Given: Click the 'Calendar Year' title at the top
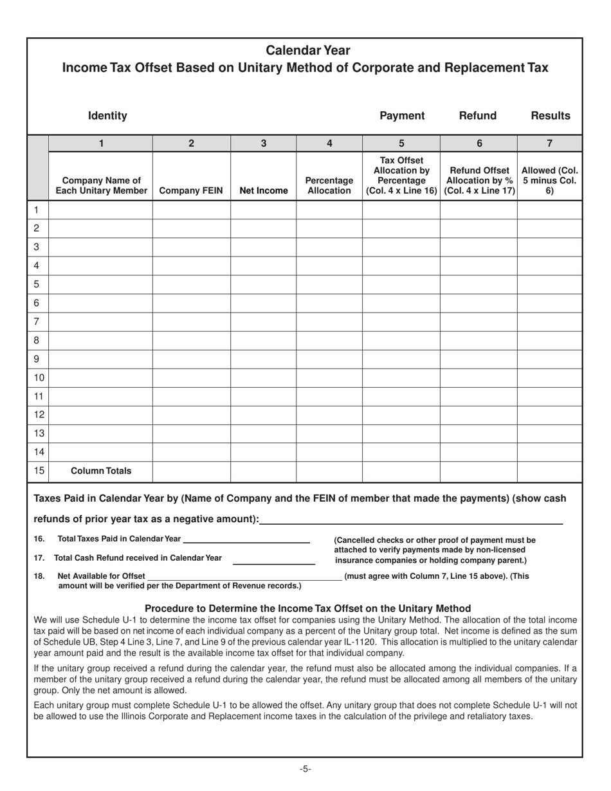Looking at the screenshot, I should click(308, 50).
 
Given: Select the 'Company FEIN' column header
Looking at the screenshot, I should click(191, 190).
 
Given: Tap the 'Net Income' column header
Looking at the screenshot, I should click(263, 190).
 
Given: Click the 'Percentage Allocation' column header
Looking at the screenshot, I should click(329, 185).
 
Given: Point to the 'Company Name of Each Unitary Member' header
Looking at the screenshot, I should click(100, 185).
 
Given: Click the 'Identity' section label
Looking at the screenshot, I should click(107, 116).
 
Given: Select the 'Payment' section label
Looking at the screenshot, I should click(402, 116).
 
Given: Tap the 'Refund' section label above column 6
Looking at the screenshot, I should click(477, 116).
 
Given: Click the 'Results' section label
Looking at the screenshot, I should click(550, 116).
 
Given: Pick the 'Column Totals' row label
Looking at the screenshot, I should click(100, 471).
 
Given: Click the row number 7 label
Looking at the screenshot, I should click(37, 322).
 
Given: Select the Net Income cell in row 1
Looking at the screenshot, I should click(263, 210).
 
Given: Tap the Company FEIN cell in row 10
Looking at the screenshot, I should click(191, 378).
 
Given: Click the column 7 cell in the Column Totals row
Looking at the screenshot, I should click(550, 471).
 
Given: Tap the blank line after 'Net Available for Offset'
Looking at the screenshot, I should click(244, 576).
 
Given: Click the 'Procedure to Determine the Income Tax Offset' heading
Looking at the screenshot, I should click(307, 608).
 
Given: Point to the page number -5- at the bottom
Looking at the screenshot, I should click(305, 768).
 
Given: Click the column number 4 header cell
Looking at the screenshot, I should click(329, 144).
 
